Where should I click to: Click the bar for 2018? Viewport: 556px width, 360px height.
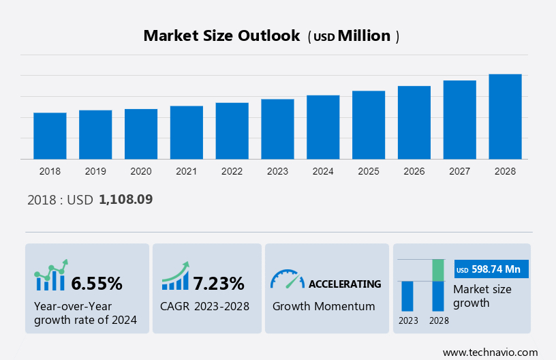(x=50, y=136)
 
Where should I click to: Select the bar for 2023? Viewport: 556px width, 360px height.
(x=277, y=129)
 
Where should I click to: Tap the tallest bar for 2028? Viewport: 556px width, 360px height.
(x=505, y=117)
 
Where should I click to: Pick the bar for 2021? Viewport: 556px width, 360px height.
(x=186, y=132)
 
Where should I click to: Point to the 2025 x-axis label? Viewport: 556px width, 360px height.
(x=369, y=171)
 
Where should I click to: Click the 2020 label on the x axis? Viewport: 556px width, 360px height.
(x=141, y=171)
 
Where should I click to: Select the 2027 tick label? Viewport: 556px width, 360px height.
(x=460, y=171)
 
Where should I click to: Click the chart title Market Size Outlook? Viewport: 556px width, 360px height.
(x=221, y=36)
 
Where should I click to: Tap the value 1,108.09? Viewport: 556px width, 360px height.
(x=126, y=200)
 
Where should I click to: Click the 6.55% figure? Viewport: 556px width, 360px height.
(x=97, y=283)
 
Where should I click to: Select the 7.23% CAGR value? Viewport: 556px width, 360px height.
(x=219, y=283)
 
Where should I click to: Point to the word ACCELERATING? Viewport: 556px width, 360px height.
(x=345, y=284)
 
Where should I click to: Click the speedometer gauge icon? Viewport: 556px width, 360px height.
(x=287, y=279)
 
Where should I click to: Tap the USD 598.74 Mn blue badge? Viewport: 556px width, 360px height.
(x=491, y=269)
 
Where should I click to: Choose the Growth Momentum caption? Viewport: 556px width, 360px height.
(x=324, y=306)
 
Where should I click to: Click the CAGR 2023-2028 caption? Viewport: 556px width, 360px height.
(x=205, y=306)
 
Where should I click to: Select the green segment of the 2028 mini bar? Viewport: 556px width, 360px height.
(x=438, y=270)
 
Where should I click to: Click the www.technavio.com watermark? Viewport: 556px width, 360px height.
(x=490, y=352)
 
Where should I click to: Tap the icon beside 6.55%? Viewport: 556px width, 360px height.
(x=51, y=276)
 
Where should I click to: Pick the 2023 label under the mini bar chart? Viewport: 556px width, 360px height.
(x=408, y=320)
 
